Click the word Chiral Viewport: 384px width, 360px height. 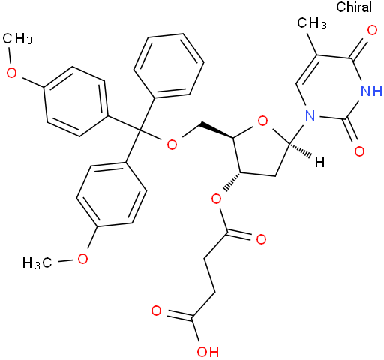(354, 7)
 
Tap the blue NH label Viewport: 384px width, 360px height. (372, 91)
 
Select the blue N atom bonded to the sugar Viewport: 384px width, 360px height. (310, 115)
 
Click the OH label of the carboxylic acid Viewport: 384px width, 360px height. (208, 352)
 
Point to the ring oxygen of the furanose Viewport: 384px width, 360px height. (262, 121)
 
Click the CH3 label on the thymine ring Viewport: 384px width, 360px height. (312, 23)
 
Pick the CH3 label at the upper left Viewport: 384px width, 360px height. (17, 39)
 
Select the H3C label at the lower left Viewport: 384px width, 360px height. (37, 263)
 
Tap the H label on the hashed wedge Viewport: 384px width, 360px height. (319, 162)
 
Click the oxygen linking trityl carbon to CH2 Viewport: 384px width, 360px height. (172, 145)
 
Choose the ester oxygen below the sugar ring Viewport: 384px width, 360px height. (216, 199)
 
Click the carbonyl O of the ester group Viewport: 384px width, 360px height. (261, 239)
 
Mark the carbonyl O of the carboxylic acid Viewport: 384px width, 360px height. (157, 310)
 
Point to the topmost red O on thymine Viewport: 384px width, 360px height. (372, 30)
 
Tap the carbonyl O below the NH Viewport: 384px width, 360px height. (359, 151)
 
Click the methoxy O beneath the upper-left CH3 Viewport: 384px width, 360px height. (11, 73)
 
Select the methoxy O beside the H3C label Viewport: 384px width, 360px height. (82, 259)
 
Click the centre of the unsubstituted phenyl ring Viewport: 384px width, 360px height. (169, 65)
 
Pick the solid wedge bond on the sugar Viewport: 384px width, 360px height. (217, 130)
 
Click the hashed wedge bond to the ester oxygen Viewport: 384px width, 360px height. (232, 181)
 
